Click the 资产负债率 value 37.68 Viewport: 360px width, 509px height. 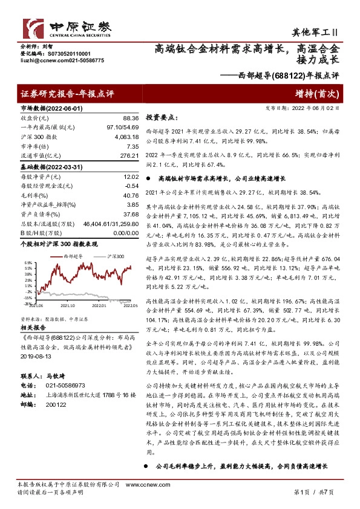point(131,213)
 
